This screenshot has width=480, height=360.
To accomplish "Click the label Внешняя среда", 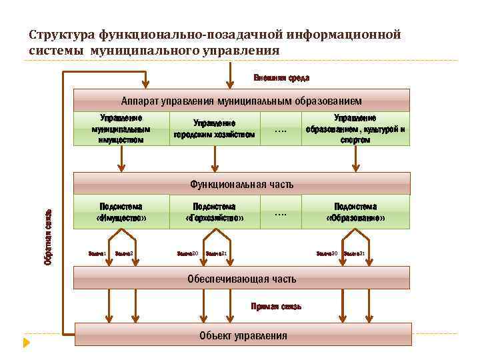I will pos(281,79).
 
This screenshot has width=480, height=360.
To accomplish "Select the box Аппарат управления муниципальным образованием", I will pos(241,101).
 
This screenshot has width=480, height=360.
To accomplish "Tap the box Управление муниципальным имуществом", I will pos(121,128).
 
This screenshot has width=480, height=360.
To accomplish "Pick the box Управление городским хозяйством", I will pos(214,129).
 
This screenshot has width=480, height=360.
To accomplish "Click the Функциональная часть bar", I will pos(241,184).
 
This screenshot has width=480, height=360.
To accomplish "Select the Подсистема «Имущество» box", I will pos(121,212).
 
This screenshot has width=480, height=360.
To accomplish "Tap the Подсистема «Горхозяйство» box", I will pos(214,212).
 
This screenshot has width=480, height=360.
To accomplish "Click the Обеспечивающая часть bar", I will pos(241,278).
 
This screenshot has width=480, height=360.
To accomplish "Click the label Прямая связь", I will pos(276,306).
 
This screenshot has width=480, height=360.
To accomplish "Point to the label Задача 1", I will pos(98,253).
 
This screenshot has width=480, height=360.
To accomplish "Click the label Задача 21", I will pos(217,253).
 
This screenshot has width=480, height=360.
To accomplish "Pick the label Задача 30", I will pos(326,253).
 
